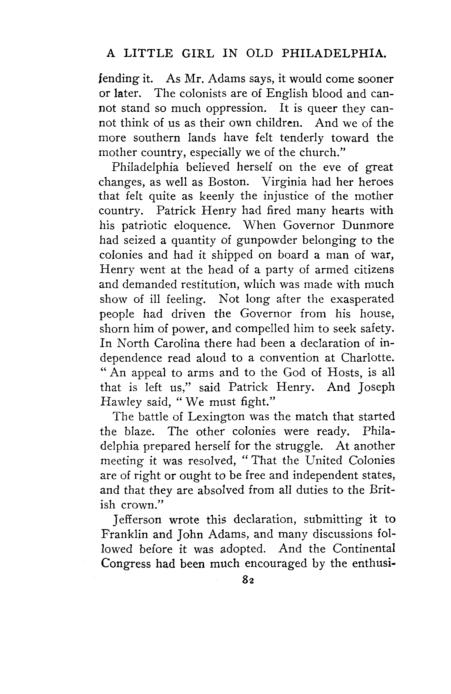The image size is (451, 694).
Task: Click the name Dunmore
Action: tap(368, 225)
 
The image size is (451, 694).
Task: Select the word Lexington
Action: tap(217, 417)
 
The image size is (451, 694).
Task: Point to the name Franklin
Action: tap(125, 534)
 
